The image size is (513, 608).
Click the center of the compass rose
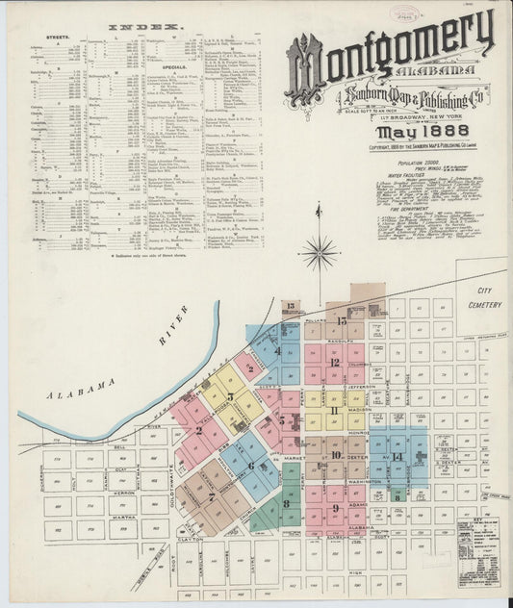318,253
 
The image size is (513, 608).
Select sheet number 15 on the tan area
342,319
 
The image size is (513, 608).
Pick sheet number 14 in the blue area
397,455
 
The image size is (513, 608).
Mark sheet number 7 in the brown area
211,497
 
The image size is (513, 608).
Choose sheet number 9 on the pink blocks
336,509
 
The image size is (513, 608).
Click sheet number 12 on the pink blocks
334,363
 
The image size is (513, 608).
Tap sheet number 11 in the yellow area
333,411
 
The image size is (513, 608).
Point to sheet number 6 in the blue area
250,466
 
